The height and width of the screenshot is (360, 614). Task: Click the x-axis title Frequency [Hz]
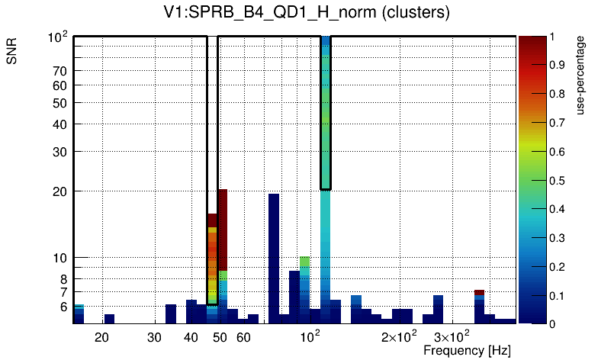tap(467, 350)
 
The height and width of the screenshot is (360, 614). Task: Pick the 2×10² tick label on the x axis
tap(398, 336)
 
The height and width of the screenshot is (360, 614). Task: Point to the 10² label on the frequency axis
tap(310, 336)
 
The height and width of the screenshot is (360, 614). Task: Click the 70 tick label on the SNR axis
tap(61, 71)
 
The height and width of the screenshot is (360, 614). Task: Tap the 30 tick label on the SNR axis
tap(61, 152)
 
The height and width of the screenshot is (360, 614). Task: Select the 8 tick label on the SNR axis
tap(64, 278)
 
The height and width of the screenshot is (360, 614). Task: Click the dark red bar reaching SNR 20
tap(223, 229)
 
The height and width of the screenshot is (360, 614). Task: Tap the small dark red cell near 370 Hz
tap(479, 293)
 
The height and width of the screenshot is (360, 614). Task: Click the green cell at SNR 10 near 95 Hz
tap(304, 262)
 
